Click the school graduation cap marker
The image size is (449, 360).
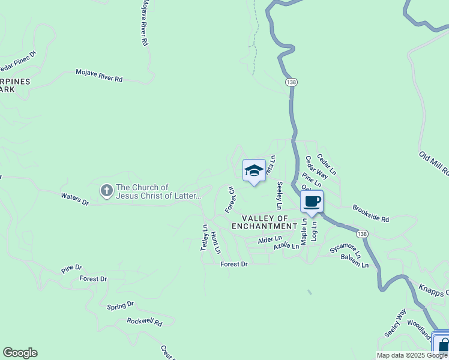coord(254,171)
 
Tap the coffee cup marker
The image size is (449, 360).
coord(312,202)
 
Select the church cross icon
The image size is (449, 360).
coord(107,191)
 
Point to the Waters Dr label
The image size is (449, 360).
coord(74,199)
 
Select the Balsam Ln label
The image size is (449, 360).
coord(355,260)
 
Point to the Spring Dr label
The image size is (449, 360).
coord(120,305)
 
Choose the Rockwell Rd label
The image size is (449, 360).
coord(145,322)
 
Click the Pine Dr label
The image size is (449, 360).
coord(71,268)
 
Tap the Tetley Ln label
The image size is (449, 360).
coord(205,238)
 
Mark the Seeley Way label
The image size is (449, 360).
coord(396,322)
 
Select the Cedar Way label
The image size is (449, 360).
coord(316,167)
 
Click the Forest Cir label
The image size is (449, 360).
coord(230,199)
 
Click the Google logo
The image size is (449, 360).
coord(20,353)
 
